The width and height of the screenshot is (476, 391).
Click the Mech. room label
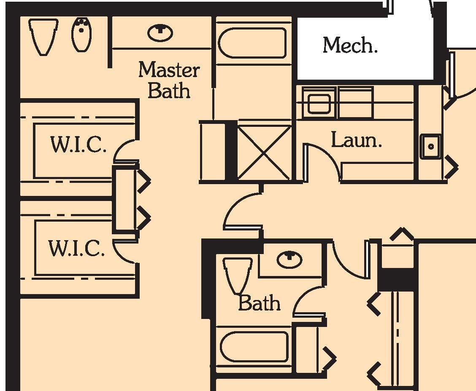click(x=350, y=45)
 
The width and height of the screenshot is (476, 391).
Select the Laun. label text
click(x=356, y=140)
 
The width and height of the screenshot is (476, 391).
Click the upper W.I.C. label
click(x=78, y=145)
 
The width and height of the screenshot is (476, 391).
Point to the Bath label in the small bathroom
click(x=259, y=303)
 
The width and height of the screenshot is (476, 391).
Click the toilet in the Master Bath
click(x=43, y=36)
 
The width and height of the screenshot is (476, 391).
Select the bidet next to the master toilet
click(x=81, y=35)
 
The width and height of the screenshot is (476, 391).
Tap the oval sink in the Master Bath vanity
click(x=160, y=33)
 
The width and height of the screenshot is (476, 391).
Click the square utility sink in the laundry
click(x=430, y=146)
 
